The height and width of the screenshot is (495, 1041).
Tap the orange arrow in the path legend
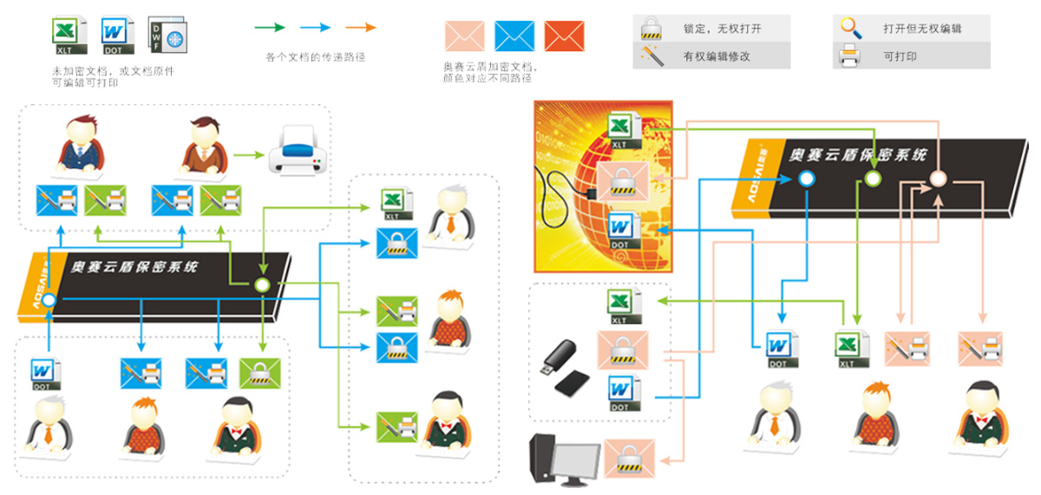[x=360, y=28]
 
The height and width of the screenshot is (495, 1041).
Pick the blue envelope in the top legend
[x=514, y=36]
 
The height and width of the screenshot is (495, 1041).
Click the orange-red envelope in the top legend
[x=564, y=36]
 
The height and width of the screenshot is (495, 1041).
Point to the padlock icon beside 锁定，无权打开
[x=651, y=29]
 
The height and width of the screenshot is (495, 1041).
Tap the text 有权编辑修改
[x=717, y=57]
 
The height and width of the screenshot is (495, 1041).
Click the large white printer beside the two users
[x=298, y=153]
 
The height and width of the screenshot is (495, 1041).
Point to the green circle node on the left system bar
[x=262, y=285]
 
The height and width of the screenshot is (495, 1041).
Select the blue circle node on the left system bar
[x=49, y=301]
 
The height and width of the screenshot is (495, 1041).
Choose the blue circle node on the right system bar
[x=806, y=179]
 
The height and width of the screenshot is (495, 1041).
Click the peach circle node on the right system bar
[x=937, y=179]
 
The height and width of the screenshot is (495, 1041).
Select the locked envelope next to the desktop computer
[x=625, y=458]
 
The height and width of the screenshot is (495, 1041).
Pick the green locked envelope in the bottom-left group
[x=259, y=374]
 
